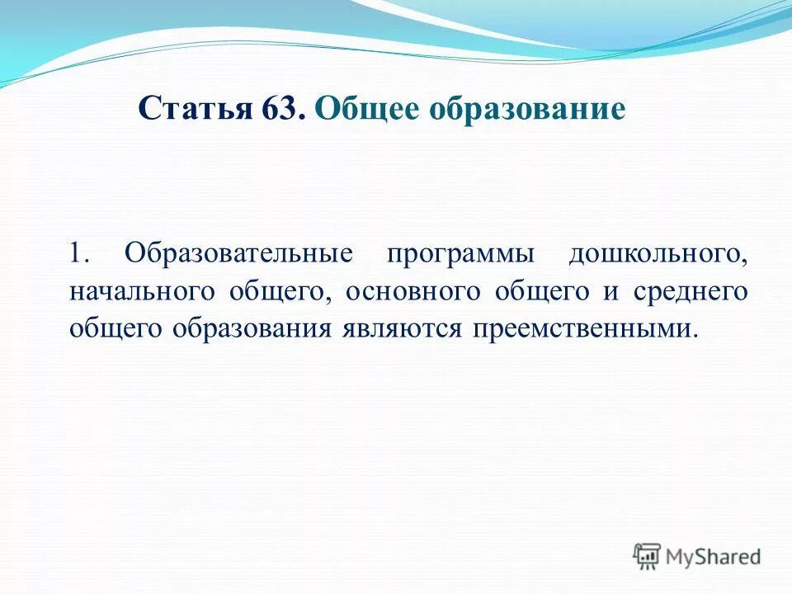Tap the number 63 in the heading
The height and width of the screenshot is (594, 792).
coord(290,109)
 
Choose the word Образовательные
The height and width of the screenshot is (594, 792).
coord(238,252)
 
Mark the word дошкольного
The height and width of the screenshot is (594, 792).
coord(658,252)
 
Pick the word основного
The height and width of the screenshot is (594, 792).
coord(412,292)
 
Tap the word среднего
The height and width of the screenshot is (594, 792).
coord(691,292)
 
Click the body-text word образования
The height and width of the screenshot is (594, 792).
coord(252,328)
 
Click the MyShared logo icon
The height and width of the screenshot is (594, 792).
coord(648,557)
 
